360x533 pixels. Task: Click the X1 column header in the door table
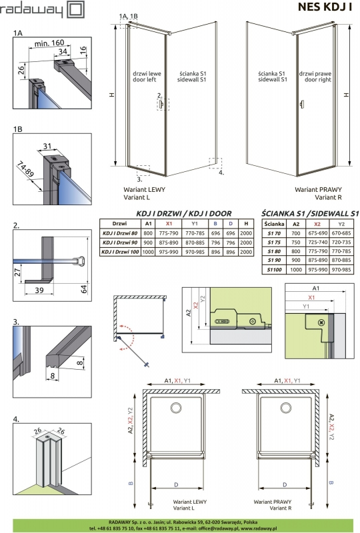point(169,224)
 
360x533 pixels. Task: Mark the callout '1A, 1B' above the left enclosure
point(129,15)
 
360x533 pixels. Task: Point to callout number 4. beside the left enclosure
point(221,172)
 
